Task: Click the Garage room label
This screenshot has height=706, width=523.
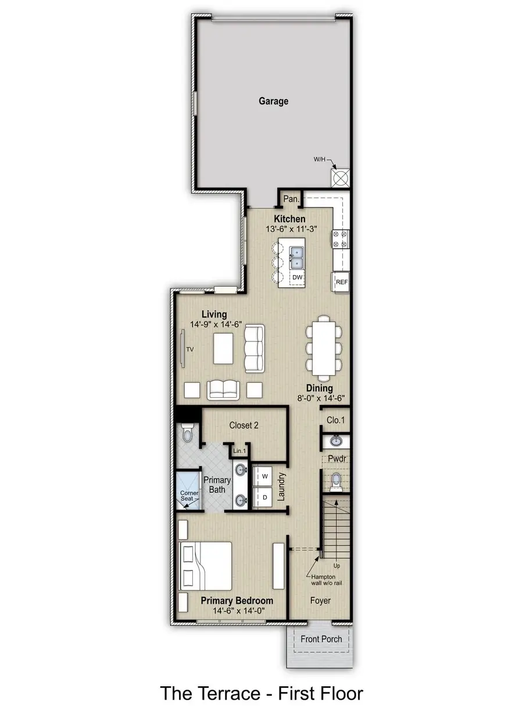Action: [273, 101]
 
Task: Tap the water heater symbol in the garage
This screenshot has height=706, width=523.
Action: [340, 177]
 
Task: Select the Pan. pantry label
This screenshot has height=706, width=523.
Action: [291, 199]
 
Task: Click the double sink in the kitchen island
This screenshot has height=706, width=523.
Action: [298, 255]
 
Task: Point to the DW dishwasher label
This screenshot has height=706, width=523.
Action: [298, 277]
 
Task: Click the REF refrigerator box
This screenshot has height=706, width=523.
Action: [342, 282]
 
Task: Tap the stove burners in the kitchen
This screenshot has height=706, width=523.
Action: [340, 238]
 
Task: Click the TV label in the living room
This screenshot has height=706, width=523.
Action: [189, 350]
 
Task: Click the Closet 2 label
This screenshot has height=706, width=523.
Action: [243, 425]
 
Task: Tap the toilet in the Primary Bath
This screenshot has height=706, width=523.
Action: [187, 433]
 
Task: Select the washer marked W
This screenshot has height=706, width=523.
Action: [264, 476]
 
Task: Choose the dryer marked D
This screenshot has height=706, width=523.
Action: [264, 497]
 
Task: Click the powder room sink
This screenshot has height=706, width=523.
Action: [336, 440]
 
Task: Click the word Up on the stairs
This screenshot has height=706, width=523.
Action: [336, 565]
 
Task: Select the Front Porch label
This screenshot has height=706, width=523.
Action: [321, 639]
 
